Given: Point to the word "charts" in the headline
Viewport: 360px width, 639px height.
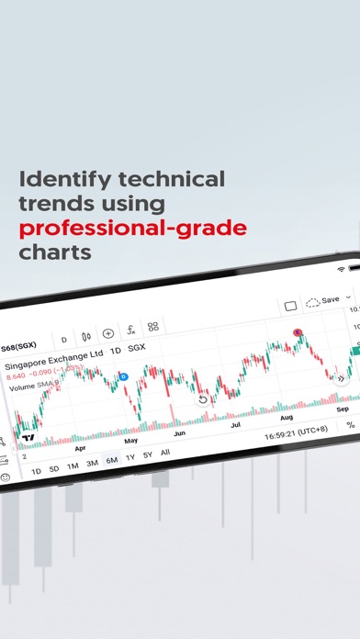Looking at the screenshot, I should [x=57, y=250].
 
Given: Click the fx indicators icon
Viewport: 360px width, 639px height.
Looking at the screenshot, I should [x=131, y=331].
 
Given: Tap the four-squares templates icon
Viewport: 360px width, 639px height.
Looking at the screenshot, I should [x=153, y=327].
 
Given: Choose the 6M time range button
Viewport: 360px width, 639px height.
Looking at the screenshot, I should [x=111, y=460].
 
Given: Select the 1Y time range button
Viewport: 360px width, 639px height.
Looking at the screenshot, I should [x=129, y=457].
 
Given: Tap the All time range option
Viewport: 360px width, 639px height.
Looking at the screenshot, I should [x=165, y=453].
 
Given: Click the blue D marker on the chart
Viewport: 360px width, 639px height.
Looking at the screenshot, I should [x=124, y=376].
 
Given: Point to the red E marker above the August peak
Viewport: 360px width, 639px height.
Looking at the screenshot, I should [x=297, y=332].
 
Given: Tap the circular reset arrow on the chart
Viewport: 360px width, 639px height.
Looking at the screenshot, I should [x=203, y=399].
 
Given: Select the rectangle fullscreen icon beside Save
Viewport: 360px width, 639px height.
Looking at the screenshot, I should [x=290, y=305].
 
